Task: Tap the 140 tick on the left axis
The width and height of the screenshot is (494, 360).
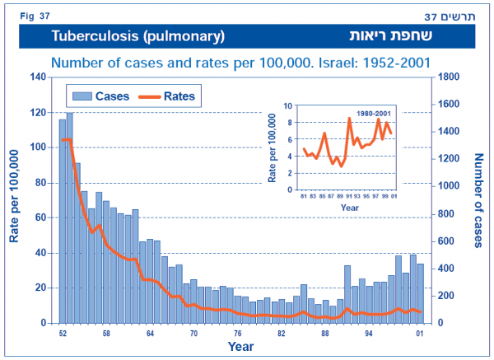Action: pyautogui.click(x=36, y=77)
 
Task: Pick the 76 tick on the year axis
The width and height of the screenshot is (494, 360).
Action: pyautogui.click(x=237, y=334)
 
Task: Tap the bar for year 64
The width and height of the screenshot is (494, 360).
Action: pyautogui.click(x=149, y=281)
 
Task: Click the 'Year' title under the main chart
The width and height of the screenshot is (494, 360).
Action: pyautogui.click(x=240, y=348)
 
